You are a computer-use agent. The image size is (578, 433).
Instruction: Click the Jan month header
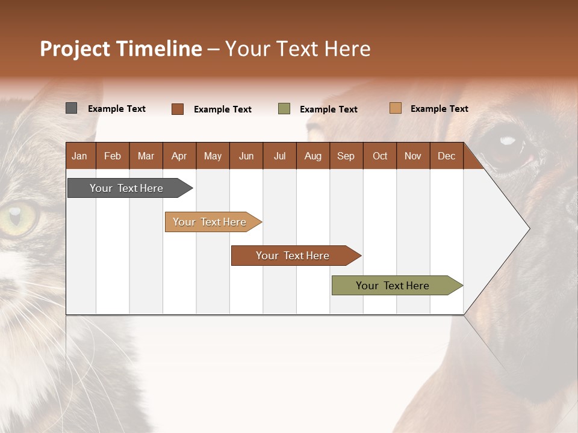point(79,156)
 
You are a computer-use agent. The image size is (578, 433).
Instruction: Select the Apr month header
point(179,156)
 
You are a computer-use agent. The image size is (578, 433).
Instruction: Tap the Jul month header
point(279,156)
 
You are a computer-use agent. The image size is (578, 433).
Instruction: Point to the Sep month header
point(346,156)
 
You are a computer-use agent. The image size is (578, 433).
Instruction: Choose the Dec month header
point(446,156)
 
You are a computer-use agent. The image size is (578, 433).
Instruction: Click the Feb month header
point(113,156)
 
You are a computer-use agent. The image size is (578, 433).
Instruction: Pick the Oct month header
point(380,156)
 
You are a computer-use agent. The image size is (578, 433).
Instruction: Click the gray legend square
point(71,108)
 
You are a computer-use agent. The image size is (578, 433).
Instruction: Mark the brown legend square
point(178,109)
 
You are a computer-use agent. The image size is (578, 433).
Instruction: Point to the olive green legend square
point(284,109)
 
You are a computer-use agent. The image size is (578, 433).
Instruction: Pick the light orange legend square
point(396,108)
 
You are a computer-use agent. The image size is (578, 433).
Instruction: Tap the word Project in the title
point(75,49)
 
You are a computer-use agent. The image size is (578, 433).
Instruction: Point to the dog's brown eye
point(506,146)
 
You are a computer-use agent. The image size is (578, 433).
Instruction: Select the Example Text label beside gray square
point(117,109)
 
